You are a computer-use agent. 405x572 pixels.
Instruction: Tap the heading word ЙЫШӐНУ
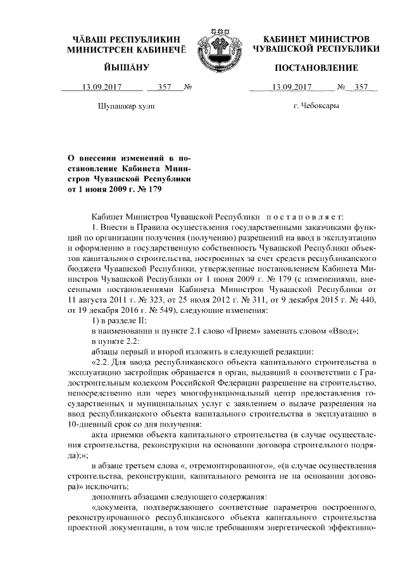click(127, 68)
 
